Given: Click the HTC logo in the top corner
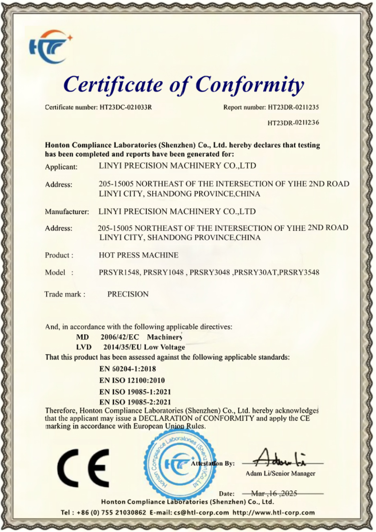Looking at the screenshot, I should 50,47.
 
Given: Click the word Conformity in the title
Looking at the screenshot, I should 250,84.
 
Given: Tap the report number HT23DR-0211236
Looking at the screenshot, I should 293,123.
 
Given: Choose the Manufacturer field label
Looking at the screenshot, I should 67,212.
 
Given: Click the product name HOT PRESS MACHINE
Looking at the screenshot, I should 138,255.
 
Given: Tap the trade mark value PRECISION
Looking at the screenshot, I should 128,294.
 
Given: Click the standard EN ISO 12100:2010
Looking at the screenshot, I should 135,380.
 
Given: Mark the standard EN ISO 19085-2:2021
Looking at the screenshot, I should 135,402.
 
